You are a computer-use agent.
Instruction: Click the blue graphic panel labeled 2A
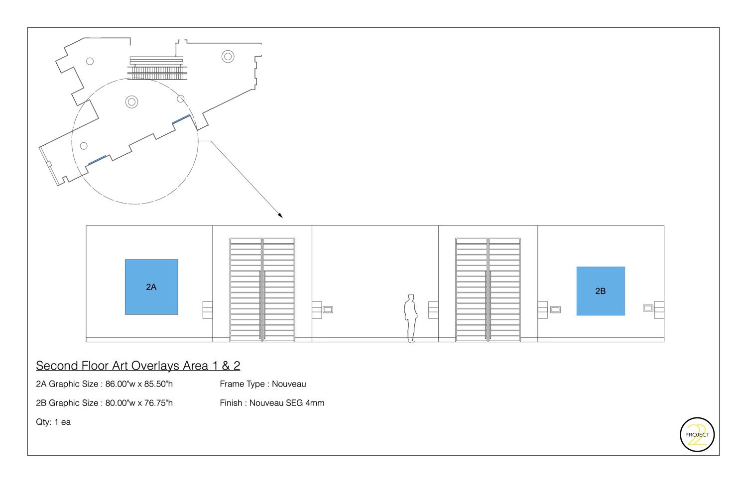point(151,287)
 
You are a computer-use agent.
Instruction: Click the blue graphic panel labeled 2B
point(601,291)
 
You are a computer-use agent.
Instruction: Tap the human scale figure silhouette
point(410,318)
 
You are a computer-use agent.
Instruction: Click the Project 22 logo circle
point(697,435)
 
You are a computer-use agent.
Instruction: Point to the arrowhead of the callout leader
point(281,216)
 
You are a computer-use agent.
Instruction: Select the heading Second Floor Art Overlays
point(138,366)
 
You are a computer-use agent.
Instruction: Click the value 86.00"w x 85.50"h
point(139,384)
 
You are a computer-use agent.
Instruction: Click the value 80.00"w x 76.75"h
point(139,403)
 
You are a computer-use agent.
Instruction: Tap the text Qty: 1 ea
point(53,422)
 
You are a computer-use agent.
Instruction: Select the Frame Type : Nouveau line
point(263,384)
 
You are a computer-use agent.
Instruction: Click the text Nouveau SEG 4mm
point(287,403)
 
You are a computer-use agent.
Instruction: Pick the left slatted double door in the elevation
point(262,290)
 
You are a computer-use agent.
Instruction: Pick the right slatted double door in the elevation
point(488,290)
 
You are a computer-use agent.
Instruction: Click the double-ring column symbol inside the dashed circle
point(131,102)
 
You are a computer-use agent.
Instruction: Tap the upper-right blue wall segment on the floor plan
point(181,119)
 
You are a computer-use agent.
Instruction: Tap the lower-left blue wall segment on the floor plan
point(97,160)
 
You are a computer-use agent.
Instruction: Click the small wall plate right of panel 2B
point(648,308)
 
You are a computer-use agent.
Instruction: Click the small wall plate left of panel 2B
point(555,309)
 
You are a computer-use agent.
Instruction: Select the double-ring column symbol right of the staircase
point(228,56)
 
